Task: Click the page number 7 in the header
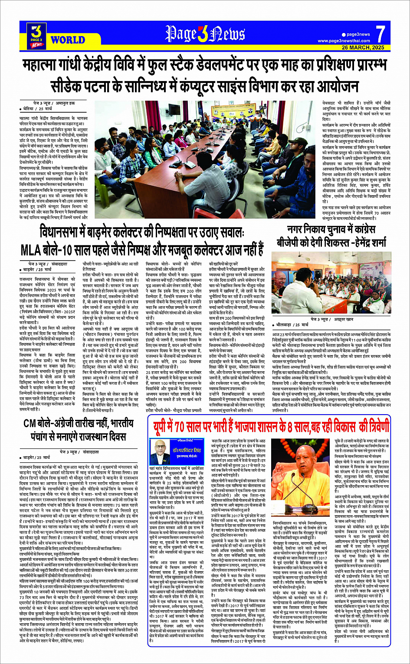click(380, 34)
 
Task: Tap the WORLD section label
click(68, 40)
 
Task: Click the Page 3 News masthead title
click(205, 33)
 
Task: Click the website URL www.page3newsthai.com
click(344, 41)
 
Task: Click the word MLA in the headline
click(33, 250)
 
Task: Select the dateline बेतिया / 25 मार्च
click(37, 109)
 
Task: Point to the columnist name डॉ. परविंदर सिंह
click(188, 449)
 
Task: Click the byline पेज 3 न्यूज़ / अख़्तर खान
click(332, 319)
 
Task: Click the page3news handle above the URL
click(358, 34)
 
